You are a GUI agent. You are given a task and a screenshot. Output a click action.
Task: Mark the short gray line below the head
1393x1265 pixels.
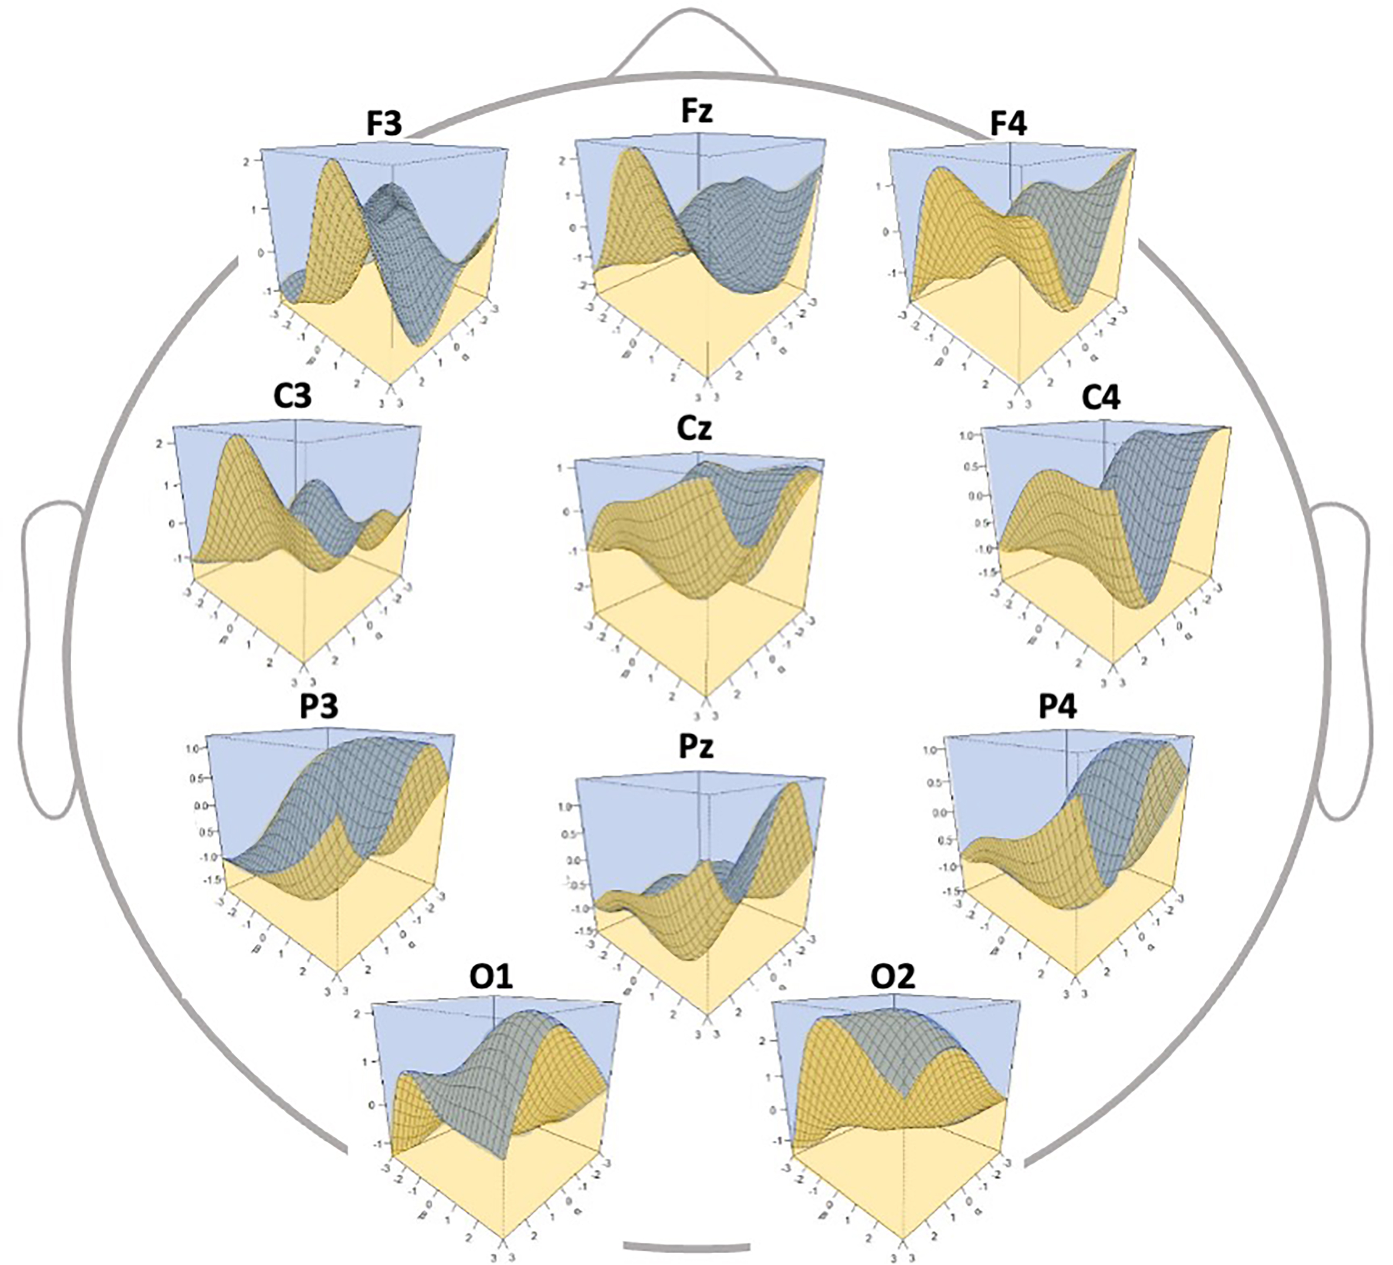[x=686, y=1246]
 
